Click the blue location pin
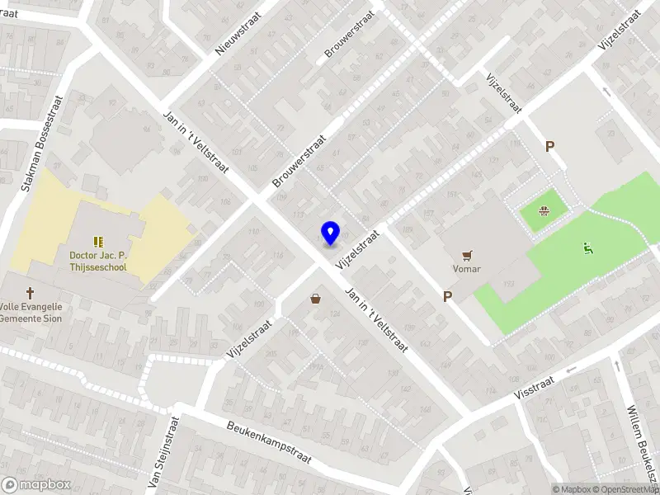pos(330,233)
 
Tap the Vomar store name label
pos(467,269)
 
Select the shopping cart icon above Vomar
pos(468,255)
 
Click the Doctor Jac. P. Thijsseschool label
pos(98,262)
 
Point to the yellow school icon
pos(98,242)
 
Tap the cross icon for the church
pos(31,293)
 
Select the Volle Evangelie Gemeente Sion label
pos(31,312)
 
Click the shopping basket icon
pos(315,299)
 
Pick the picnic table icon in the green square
pos(544,210)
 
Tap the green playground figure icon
pos(587,247)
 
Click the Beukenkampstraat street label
pos(269,443)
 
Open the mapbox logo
pos(36,485)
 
